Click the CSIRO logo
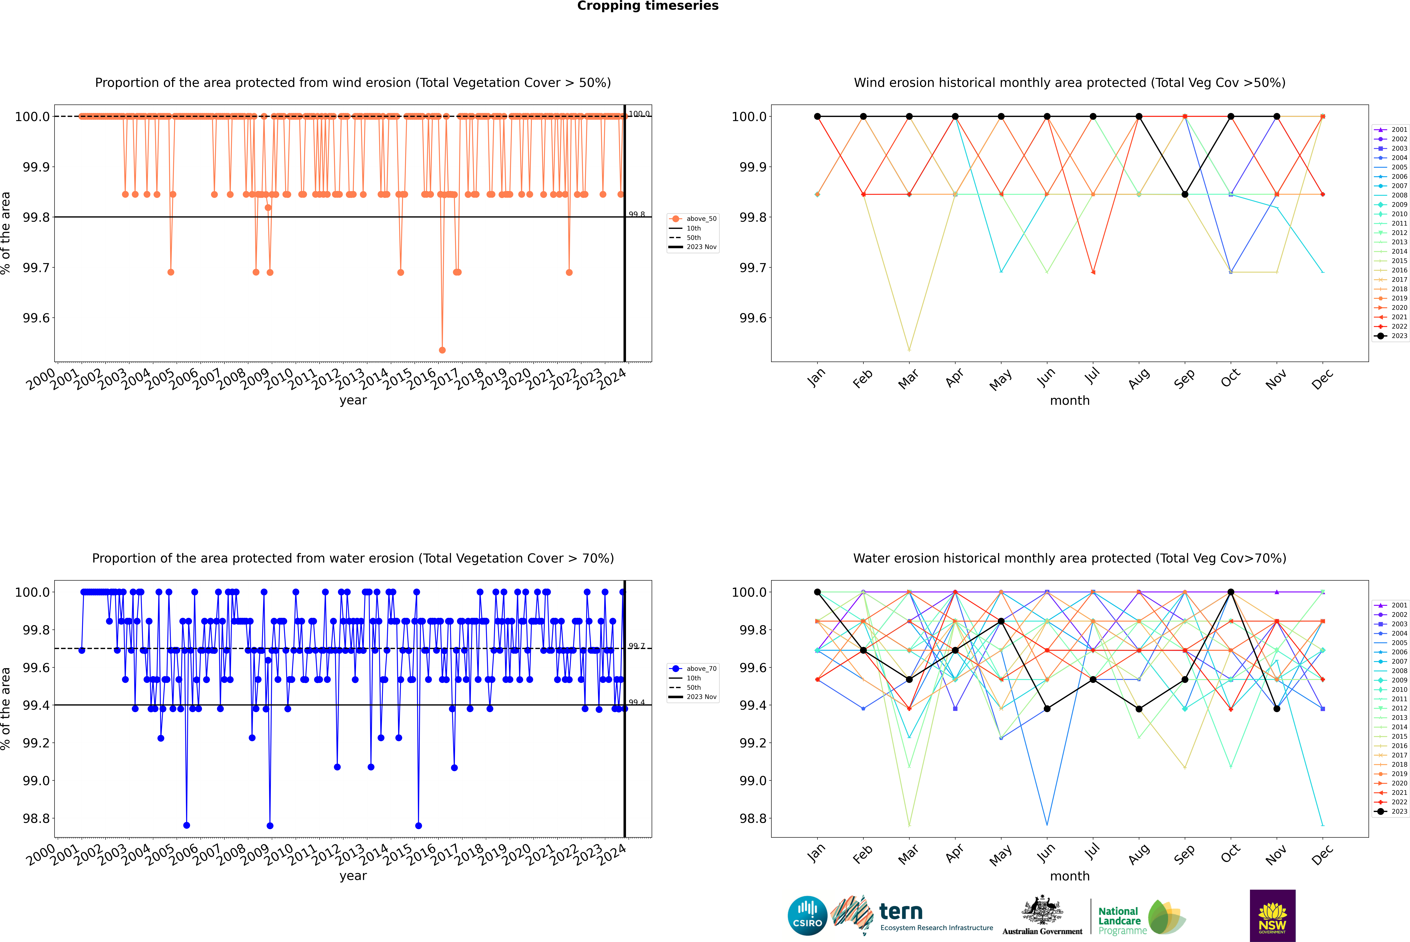pyautogui.click(x=807, y=916)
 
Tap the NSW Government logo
pyautogui.click(x=1272, y=916)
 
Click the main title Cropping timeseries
pyautogui.click(x=648, y=6)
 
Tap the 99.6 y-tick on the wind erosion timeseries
pyautogui.click(x=36, y=318)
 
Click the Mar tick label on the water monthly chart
pyautogui.click(x=908, y=854)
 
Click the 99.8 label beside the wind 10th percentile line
pyautogui.click(x=636, y=214)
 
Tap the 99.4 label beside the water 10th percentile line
pyautogui.click(x=636, y=702)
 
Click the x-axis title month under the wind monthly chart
pyautogui.click(x=1070, y=401)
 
